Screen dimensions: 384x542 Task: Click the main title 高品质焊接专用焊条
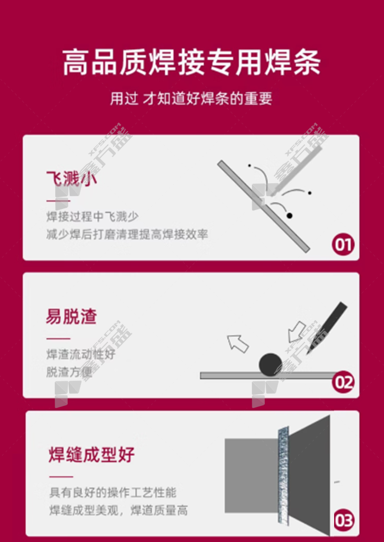tap(192, 63)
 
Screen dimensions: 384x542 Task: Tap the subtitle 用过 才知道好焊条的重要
tap(191, 99)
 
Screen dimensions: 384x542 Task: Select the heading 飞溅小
tap(72, 179)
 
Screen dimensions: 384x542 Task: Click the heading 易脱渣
tap(72, 316)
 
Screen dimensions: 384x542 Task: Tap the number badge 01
tap(343, 245)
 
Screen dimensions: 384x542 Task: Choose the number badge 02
tap(343, 382)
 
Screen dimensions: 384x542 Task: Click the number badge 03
tap(344, 520)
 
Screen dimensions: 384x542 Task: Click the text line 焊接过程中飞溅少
tap(93, 217)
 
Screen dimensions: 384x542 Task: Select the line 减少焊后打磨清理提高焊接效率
tap(127, 234)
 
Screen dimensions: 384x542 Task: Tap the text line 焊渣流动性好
tap(81, 354)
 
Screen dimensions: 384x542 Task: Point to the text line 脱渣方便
tap(69, 372)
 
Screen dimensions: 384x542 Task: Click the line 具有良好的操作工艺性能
tap(113, 492)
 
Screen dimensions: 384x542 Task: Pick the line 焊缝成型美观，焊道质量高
tap(119, 510)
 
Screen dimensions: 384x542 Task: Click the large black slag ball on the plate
tap(271, 365)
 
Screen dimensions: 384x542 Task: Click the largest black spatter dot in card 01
tap(289, 215)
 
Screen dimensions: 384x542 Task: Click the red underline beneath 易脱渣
tap(58, 339)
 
